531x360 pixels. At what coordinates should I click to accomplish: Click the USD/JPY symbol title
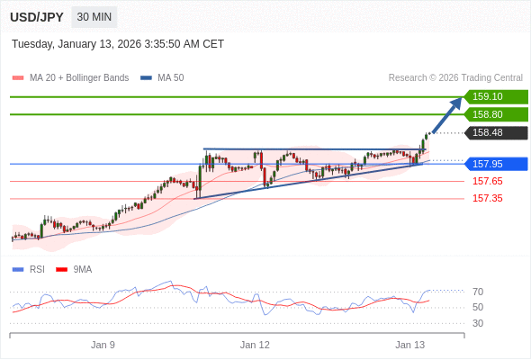(x=36, y=17)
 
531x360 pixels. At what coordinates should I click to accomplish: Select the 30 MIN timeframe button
(x=94, y=17)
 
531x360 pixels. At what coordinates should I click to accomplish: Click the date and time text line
(x=118, y=44)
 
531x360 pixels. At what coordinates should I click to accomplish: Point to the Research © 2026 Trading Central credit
(x=455, y=77)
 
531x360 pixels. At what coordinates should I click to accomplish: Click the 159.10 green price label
(x=494, y=96)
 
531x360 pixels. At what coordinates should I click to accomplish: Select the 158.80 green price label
(x=494, y=114)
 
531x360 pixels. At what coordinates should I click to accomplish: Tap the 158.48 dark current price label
(x=494, y=132)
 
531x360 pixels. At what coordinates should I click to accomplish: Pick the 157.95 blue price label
(x=494, y=164)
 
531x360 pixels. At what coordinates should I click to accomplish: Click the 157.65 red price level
(x=487, y=181)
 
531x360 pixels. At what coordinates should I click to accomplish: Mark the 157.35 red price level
(x=487, y=198)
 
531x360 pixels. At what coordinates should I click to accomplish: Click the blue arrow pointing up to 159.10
(x=447, y=114)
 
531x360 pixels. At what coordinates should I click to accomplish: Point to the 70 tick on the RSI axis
(x=478, y=292)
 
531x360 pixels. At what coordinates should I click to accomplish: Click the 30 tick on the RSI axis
(x=478, y=323)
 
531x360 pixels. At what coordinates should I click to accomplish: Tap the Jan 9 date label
(x=103, y=345)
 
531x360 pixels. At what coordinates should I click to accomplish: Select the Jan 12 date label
(x=255, y=345)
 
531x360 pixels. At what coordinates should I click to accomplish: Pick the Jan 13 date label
(x=409, y=345)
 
